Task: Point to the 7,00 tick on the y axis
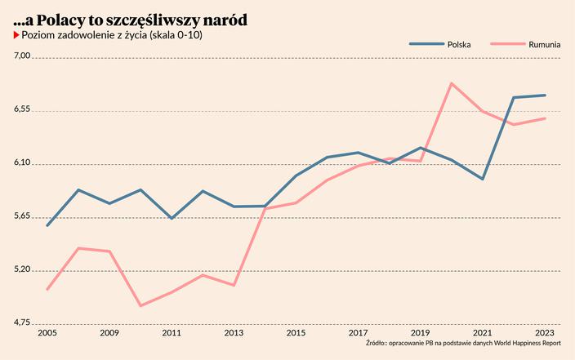(22, 56)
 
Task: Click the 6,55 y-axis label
(22, 110)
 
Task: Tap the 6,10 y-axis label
(22, 163)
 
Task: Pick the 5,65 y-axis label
(22, 217)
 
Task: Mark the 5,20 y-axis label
(22, 270)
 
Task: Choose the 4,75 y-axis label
(22, 324)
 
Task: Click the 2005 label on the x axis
(47, 333)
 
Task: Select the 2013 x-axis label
(234, 333)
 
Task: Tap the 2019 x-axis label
(421, 333)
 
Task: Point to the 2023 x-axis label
(546, 333)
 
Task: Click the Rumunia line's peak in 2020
(452, 83)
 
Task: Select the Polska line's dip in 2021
(483, 179)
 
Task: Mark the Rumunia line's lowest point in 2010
(140, 306)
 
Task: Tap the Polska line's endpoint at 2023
(546, 96)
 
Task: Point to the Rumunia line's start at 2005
(47, 289)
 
